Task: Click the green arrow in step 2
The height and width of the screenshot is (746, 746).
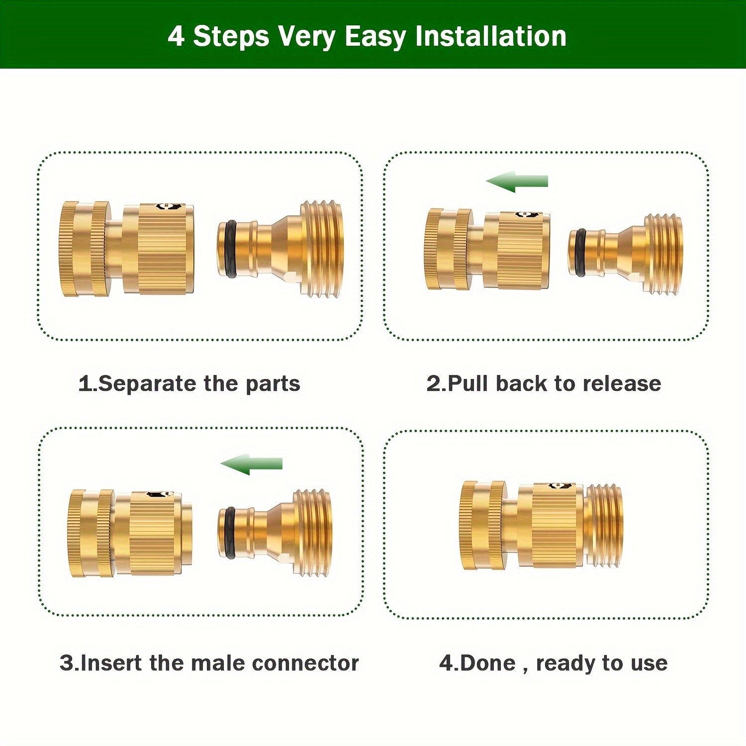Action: click(517, 182)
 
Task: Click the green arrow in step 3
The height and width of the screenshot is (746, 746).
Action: click(252, 464)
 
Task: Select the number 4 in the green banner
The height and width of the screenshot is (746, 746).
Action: click(176, 37)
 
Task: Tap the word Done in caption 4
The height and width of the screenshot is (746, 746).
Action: click(488, 663)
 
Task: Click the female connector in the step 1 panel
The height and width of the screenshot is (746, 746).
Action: click(126, 249)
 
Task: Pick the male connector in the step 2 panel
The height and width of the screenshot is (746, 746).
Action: click(626, 253)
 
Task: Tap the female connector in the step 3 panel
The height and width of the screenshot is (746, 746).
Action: click(130, 533)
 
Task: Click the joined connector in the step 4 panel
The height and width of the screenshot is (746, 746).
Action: click(542, 525)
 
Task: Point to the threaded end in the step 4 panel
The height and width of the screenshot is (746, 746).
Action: click(603, 526)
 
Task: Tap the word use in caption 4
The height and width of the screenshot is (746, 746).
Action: click(649, 663)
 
